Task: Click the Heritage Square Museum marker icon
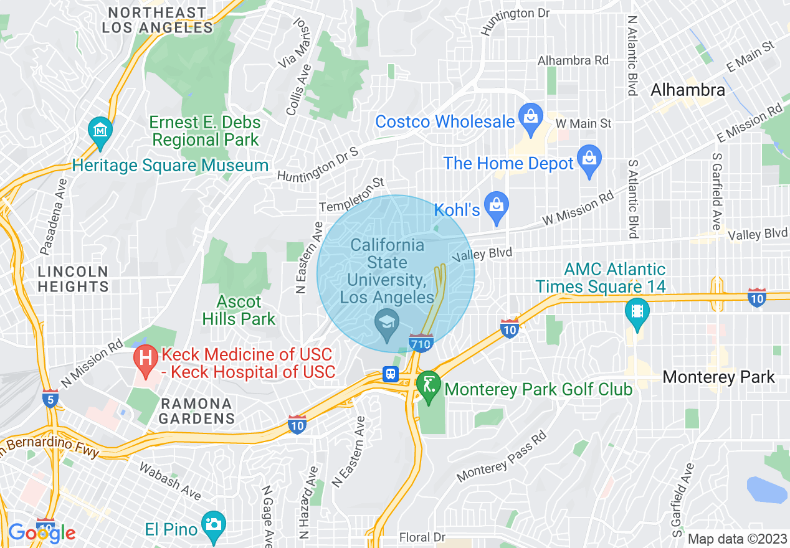pos(100,131)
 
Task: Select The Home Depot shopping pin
pos(589,160)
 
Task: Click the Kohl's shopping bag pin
pos(497,207)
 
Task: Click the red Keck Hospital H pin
pos(146,361)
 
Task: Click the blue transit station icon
pos(391,374)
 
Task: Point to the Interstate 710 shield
pos(421,342)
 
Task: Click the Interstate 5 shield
pos(51,399)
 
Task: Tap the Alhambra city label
pos(687,90)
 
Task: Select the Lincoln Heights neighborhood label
pos(73,279)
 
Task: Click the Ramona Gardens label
pos(196,410)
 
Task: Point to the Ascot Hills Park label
pos(239,310)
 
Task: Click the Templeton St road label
pos(352,196)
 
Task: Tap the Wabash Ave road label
pos(169,481)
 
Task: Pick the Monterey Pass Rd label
pos(502,456)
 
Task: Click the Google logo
pos(41,532)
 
